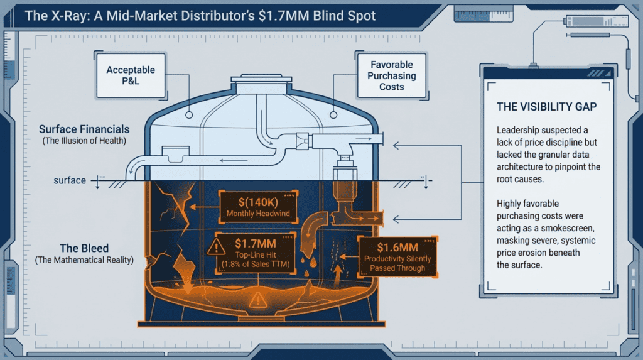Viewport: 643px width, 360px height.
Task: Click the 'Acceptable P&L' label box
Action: click(131, 75)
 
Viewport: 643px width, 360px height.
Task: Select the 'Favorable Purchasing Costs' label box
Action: click(391, 75)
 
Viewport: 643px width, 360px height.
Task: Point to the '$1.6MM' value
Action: click(397, 248)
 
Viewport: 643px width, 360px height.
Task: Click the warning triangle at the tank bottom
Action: click(258, 300)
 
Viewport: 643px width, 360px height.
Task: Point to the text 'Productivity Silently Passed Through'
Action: click(397, 263)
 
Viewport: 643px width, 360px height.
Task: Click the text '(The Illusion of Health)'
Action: click(85, 141)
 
